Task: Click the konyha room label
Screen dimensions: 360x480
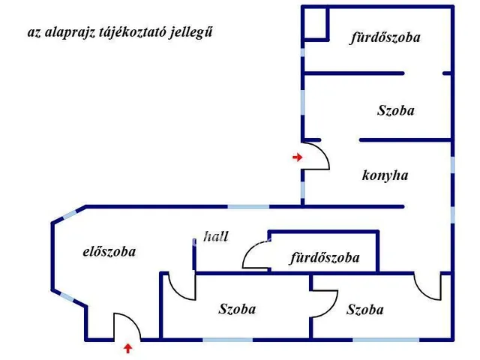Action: (x=385, y=175)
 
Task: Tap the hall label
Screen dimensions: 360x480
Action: (x=216, y=235)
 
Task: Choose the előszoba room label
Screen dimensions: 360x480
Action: (x=109, y=251)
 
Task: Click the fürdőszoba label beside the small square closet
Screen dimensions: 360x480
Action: (x=385, y=37)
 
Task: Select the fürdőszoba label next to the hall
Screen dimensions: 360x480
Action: (x=325, y=258)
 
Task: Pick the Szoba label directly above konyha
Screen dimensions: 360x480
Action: (x=395, y=110)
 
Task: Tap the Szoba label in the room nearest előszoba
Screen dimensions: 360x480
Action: (x=237, y=308)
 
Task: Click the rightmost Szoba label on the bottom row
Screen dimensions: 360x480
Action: (x=365, y=309)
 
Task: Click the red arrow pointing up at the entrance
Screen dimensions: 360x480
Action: (x=127, y=347)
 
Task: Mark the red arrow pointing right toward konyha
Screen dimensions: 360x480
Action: (x=297, y=157)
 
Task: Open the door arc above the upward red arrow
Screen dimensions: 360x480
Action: (x=127, y=326)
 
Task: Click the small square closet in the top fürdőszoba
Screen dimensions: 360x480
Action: (x=315, y=22)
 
